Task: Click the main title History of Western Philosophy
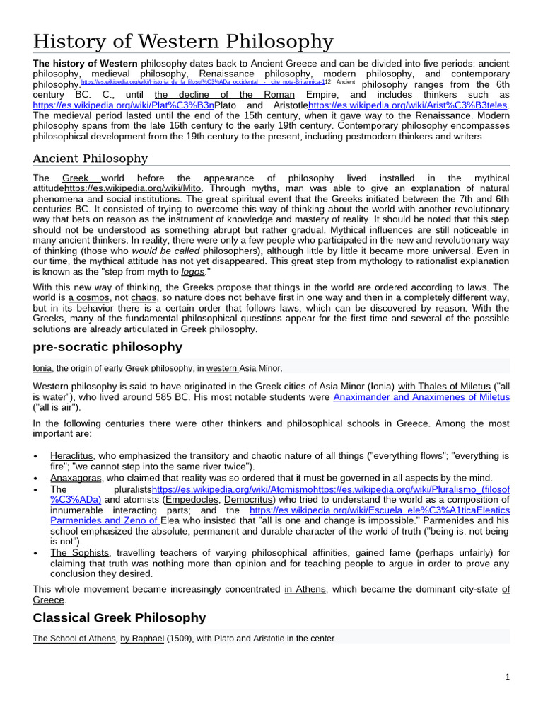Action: [x=183, y=42]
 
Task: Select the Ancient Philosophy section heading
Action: [x=90, y=158]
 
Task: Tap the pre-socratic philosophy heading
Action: [x=107, y=347]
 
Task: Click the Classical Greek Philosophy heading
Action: [x=119, y=617]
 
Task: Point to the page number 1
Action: [x=507, y=677]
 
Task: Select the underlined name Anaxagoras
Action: [x=74, y=478]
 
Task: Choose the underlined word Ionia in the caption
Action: [x=42, y=368]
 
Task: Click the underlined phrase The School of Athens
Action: [x=74, y=639]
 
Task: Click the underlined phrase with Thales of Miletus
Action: [x=444, y=386]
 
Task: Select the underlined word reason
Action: [x=121, y=220]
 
